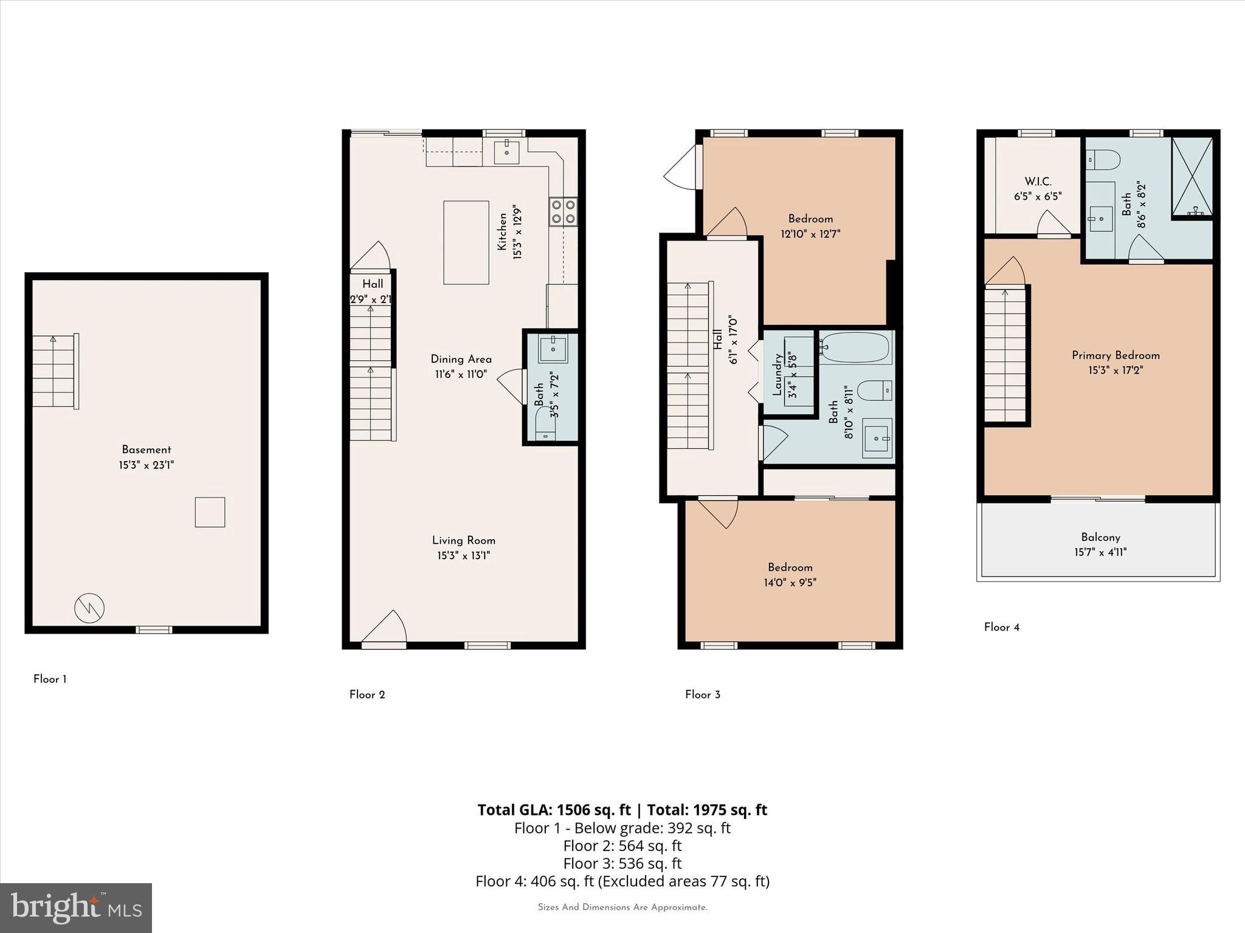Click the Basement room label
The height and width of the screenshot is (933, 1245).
pyautogui.click(x=147, y=449)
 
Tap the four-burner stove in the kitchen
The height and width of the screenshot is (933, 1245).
pyautogui.click(x=563, y=212)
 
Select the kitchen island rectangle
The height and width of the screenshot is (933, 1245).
pyautogui.click(x=466, y=242)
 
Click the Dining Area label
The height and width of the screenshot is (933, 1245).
pyautogui.click(x=461, y=359)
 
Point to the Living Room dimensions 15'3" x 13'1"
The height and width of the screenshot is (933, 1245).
pyautogui.click(x=463, y=555)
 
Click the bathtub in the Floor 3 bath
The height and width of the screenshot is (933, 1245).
pyautogui.click(x=855, y=347)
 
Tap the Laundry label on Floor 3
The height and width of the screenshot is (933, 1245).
pyautogui.click(x=777, y=375)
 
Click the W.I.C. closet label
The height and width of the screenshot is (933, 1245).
pyautogui.click(x=1038, y=182)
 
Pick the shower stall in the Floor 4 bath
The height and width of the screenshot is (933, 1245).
pyautogui.click(x=1192, y=177)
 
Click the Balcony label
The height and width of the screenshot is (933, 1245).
pyautogui.click(x=1100, y=537)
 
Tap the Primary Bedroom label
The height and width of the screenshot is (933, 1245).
pyautogui.click(x=1116, y=355)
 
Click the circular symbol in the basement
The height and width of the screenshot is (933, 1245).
pyautogui.click(x=89, y=607)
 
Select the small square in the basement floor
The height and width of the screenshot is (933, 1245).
pyautogui.click(x=210, y=512)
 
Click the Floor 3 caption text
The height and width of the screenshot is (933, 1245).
pyautogui.click(x=702, y=694)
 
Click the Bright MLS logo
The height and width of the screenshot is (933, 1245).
pyautogui.click(x=76, y=908)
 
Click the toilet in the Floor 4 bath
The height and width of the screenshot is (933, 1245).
pyautogui.click(x=1103, y=160)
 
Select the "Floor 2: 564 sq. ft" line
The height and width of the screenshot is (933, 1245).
pyautogui.click(x=622, y=846)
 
